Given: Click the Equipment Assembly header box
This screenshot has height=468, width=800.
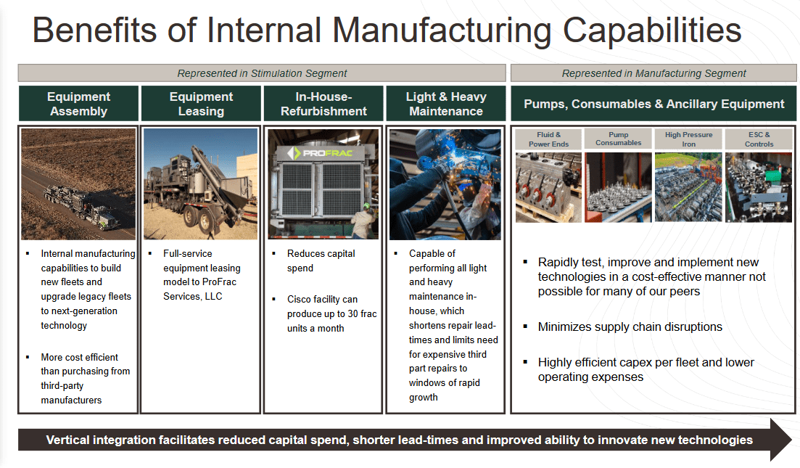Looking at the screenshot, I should [78, 104].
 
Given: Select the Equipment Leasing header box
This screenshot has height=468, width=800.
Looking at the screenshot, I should [201, 104].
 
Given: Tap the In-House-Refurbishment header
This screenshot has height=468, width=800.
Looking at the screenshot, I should [323, 104].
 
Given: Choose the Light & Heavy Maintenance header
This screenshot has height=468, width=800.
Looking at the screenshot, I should [445, 104].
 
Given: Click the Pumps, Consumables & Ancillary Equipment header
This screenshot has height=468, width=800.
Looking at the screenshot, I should [653, 104].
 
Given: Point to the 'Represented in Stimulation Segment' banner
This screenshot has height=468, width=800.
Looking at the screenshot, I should [262, 73].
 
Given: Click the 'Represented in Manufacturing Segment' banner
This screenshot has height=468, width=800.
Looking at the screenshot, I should [653, 73].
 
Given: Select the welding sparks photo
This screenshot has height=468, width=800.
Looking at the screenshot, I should [445, 184].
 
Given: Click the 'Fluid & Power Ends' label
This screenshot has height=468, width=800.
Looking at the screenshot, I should [548, 139].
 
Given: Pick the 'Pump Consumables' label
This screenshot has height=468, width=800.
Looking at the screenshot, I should [618, 139].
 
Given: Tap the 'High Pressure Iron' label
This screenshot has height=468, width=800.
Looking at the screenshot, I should [688, 139].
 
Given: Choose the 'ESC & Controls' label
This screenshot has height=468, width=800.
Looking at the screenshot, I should [758, 139].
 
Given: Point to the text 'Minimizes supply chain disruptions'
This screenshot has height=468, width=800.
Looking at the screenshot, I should [630, 327].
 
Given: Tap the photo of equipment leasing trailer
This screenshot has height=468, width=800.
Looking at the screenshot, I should [201, 184].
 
